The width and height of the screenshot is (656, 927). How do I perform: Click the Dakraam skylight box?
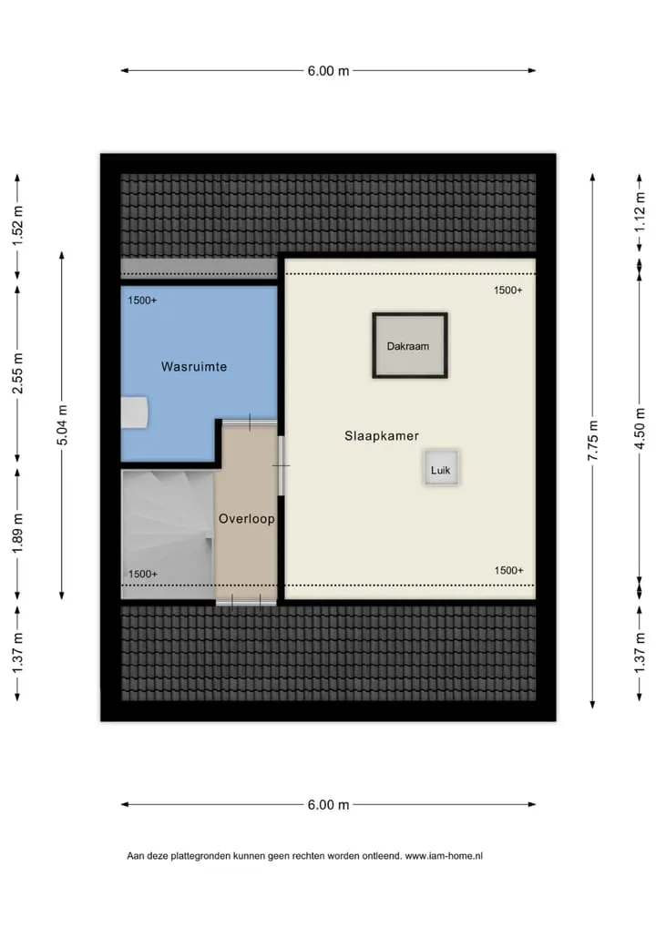409,345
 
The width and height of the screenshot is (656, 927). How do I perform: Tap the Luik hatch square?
441,468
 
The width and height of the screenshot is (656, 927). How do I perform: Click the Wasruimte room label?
194,367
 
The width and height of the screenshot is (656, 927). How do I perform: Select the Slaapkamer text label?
382,435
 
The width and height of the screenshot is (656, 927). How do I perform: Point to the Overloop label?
247,518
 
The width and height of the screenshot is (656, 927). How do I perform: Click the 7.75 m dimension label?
593,441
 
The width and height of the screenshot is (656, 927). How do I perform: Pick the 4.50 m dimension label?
640,429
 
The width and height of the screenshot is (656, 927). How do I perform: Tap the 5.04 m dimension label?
62,425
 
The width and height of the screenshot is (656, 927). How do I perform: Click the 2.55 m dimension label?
17,373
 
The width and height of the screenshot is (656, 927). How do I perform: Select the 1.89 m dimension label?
17,534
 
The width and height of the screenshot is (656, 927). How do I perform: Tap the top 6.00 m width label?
328,71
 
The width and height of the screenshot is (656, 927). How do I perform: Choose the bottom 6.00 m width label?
328,805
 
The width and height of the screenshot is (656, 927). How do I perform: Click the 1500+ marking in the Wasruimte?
142,301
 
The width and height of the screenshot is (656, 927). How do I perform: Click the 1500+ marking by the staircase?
143,574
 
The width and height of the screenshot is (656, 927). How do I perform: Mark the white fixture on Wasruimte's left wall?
134,412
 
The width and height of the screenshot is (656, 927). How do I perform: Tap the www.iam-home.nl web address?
444,855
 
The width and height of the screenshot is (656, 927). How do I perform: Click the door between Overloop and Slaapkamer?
281,466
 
